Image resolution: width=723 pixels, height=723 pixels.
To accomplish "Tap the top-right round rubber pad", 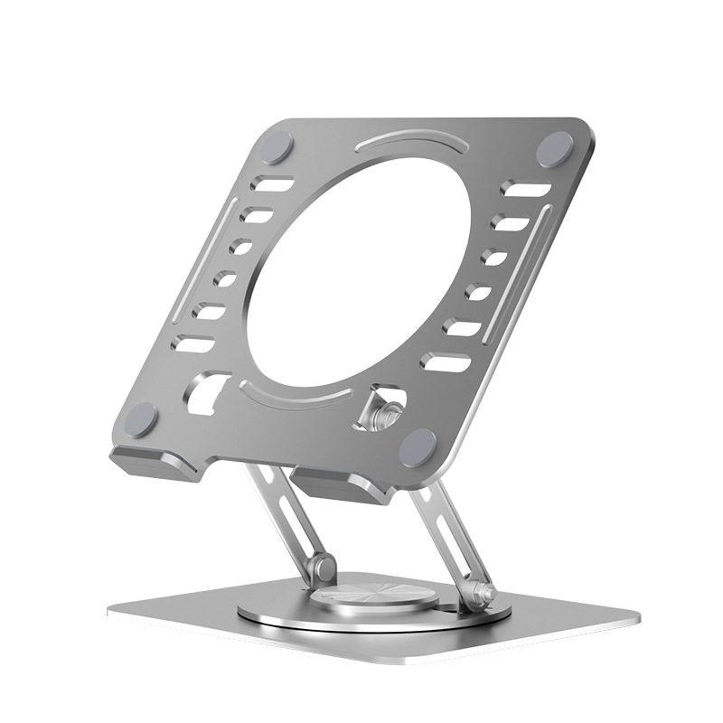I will pos(555,149).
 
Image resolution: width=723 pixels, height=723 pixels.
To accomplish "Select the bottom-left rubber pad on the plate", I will pos(142,416).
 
